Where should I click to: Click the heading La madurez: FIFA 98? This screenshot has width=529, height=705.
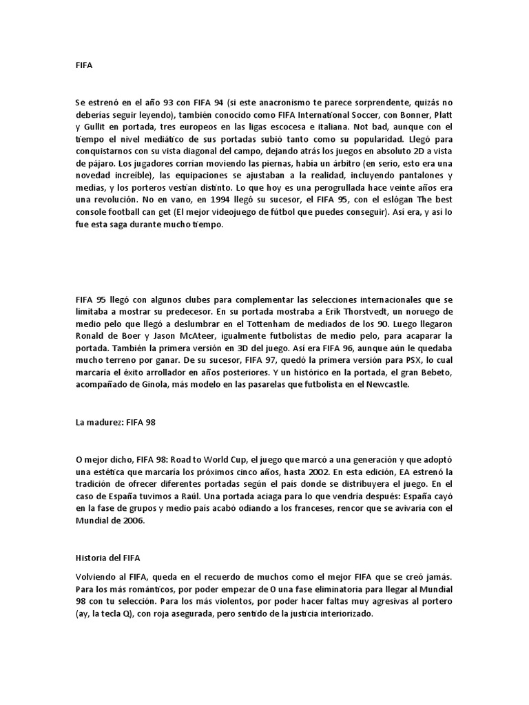pyautogui.click(x=116, y=423)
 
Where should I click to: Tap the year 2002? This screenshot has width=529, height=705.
pyautogui.click(x=318, y=472)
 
